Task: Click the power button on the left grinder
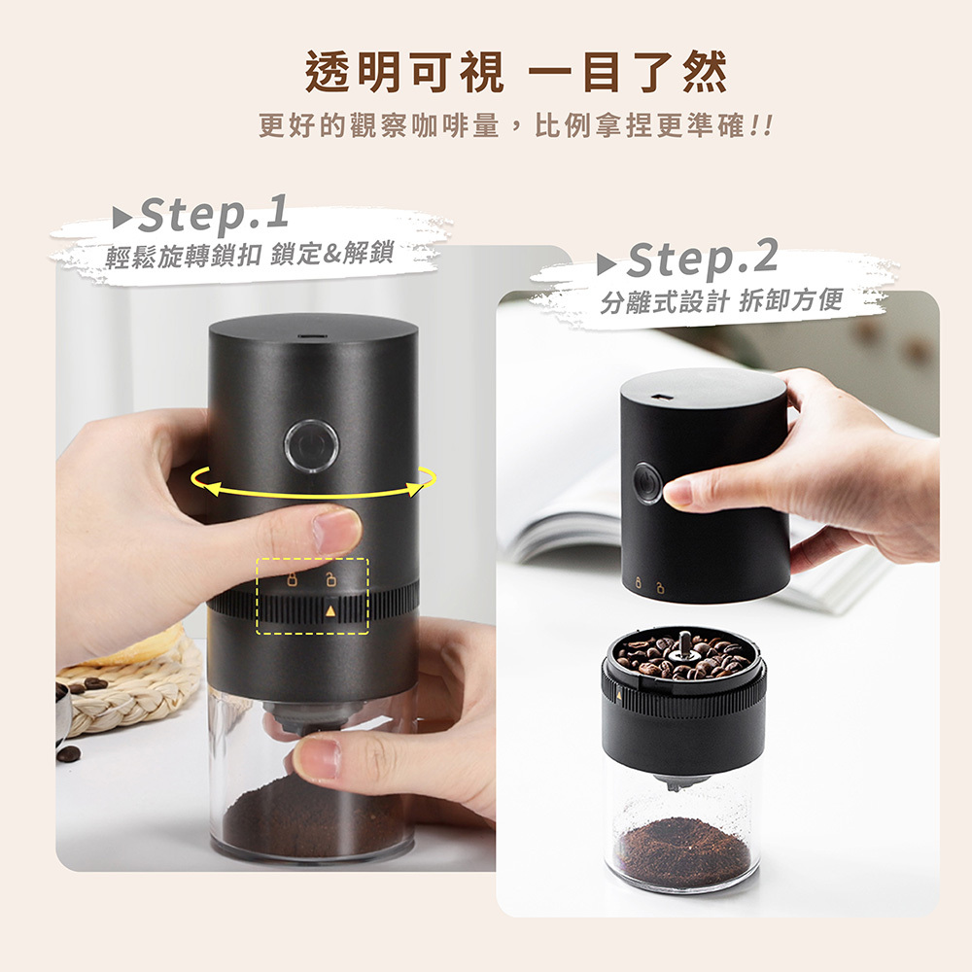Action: (x=311, y=446)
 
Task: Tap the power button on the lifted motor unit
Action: (x=646, y=483)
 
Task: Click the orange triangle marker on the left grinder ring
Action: (x=330, y=611)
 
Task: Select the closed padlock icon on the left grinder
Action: (x=292, y=580)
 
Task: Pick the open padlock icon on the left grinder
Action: (x=331, y=580)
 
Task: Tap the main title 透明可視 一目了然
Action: (x=516, y=73)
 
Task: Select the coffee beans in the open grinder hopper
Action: (x=683, y=656)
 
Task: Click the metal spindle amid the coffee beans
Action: (x=684, y=643)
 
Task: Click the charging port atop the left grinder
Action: (x=312, y=338)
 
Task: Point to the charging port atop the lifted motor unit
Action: (x=661, y=398)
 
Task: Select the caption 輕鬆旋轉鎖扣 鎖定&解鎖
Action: (x=250, y=254)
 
